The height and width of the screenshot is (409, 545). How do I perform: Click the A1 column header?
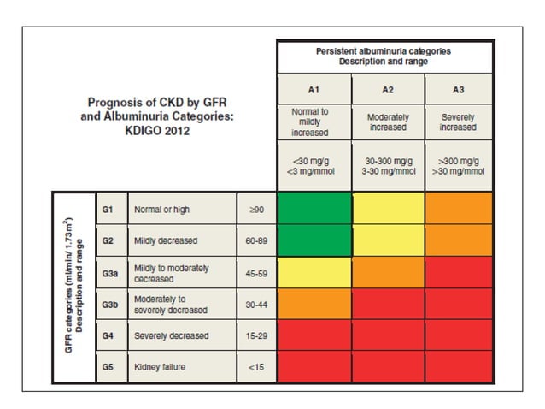tap(314, 88)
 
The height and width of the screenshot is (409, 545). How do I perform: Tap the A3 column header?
tap(457, 88)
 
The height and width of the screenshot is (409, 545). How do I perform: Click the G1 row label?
tap(108, 209)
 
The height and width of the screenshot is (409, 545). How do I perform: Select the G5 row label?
tap(108, 367)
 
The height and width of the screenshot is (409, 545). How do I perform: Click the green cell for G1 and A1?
tap(314, 209)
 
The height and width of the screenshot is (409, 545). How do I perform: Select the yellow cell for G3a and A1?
tap(314, 273)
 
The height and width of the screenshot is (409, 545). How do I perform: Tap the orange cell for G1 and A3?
tap(457, 209)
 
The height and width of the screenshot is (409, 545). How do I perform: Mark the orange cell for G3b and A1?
tap(314, 305)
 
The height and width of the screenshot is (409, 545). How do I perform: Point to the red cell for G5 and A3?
tap(457, 367)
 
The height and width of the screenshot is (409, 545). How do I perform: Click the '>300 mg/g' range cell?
tap(457, 163)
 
